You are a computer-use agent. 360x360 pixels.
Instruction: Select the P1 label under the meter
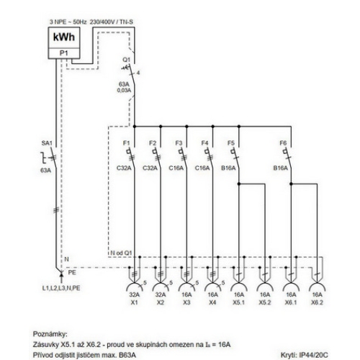pos(63,53)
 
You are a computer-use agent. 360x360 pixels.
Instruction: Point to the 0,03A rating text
pos(125,91)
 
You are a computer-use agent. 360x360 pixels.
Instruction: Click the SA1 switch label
pos(47,145)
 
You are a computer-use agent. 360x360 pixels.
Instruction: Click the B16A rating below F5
pos(229,168)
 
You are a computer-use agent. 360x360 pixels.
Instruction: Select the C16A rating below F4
pos(202,168)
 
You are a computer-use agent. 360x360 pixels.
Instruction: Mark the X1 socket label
pos(134,303)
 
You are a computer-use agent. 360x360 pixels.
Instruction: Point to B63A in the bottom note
pos(125,354)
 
